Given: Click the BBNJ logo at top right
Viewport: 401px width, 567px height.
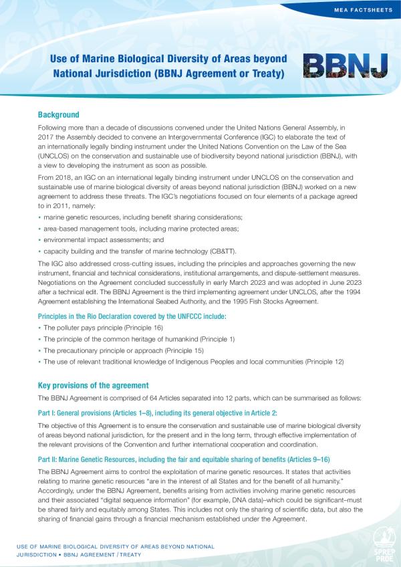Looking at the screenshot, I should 345,66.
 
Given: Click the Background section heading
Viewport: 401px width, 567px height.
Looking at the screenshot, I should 59,115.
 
